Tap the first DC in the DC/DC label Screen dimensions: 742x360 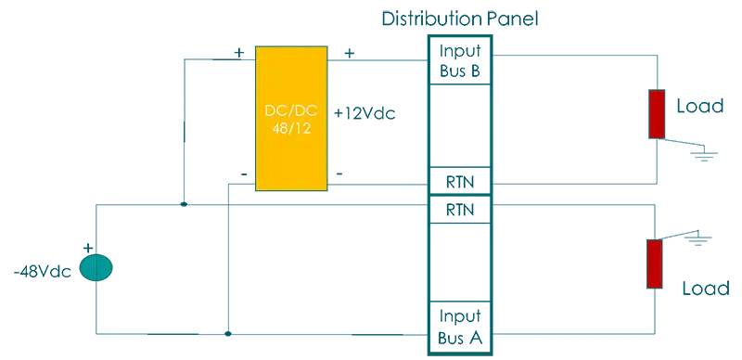pyautogui.click(x=275, y=110)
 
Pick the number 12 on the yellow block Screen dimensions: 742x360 pyautogui.click(x=302, y=128)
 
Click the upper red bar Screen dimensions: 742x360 pyautogui.click(x=657, y=114)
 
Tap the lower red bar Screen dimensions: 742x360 pyautogui.click(x=655, y=264)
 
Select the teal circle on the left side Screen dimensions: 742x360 pyautogui.click(x=96, y=268)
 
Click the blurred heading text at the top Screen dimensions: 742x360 pyautogui.click(x=460, y=15)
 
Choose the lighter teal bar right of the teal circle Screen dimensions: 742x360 pyautogui.click(x=167, y=269)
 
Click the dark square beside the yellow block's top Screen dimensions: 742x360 pyautogui.click(x=241, y=51)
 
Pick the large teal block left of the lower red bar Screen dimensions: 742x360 pyautogui.click(x=570, y=264)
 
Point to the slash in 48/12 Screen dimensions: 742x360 pyautogui.click(x=290, y=128)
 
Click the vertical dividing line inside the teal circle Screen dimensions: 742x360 pyautogui.click(x=96, y=268)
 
